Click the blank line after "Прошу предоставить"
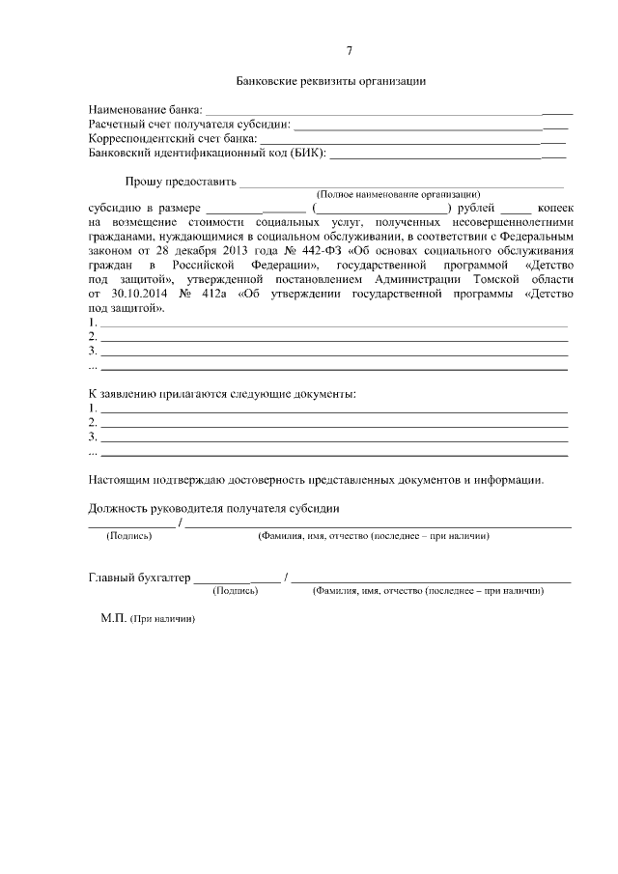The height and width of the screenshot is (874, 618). coord(401,183)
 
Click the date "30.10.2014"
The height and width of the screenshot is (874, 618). coord(133,293)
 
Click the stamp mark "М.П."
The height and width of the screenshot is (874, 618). coord(113,617)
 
